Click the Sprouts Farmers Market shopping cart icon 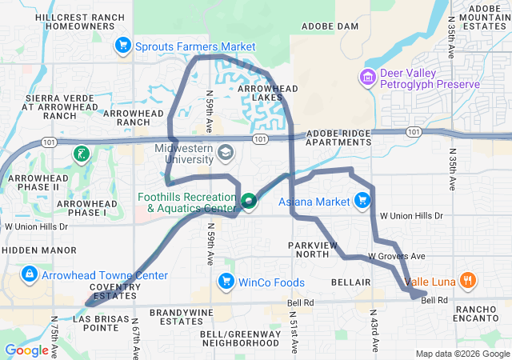pos(122,46)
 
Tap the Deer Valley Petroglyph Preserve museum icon pos(368,78)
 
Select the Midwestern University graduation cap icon pos(226,152)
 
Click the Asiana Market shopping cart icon pos(362,201)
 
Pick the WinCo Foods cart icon pos(226,282)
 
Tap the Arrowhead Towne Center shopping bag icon pos(30,275)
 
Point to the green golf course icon pos(81,154)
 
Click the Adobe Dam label pos(336,26)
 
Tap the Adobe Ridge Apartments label pos(339,136)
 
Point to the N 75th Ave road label pos(55,340)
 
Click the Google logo pos(27,350)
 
